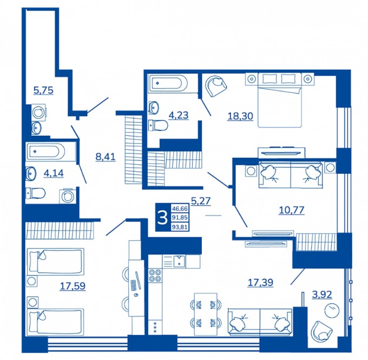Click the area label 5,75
pos(43,90)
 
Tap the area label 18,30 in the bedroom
pos(240,116)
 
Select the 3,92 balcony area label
pos(322,294)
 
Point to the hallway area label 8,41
pos(106,156)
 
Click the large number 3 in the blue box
pos(162,218)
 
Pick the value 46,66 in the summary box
pos(180,208)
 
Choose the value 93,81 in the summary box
pos(180,227)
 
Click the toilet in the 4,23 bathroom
pos(159,126)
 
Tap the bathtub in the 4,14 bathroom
pos(50,151)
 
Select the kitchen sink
pos(179,261)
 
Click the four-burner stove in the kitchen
pos(155,275)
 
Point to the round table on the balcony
pos(332,310)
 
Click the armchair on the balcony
pos(321,331)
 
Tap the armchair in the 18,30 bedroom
pos(216,86)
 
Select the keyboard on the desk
pos(133,285)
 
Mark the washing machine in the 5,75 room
pos(38,113)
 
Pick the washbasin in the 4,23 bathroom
pos(154,107)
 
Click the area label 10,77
pos(292,210)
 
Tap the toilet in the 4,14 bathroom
pos(35,193)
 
